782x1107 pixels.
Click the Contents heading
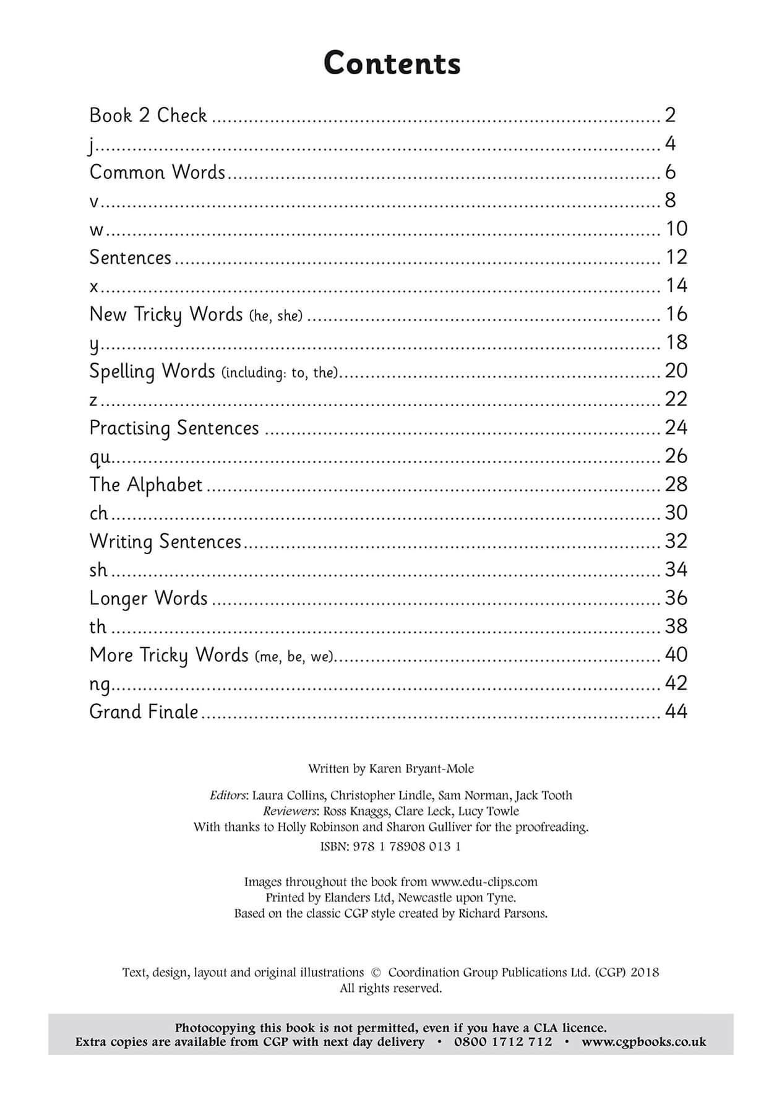(x=392, y=63)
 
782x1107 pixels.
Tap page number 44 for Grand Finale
(x=676, y=711)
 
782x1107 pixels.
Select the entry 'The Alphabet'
(x=146, y=485)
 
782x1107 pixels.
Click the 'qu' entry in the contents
(x=100, y=457)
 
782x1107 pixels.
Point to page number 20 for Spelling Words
(x=676, y=371)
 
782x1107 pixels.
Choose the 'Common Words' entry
(x=157, y=172)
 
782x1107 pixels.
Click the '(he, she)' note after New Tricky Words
(x=276, y=316)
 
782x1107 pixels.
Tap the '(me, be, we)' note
(x=294, y=657)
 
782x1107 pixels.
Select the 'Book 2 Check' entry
(x=148, y=115)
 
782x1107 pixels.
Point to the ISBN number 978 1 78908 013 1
(x=406, y=846)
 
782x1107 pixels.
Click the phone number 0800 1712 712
(x=503, y=1042)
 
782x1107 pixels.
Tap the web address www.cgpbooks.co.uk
(x=643, y=1042)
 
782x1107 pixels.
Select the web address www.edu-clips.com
(x=484, y=882)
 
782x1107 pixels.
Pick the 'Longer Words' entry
(x=148, y=599)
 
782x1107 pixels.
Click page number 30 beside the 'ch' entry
(x=676, y=513)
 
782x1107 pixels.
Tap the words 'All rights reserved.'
(x=391, y=988)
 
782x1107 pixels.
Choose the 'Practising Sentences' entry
(x=174, y=428)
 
